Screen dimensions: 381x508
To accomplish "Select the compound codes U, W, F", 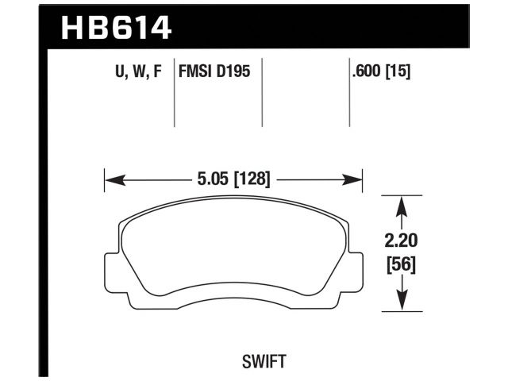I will point(140,72).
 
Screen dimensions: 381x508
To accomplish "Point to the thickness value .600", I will point(370,72).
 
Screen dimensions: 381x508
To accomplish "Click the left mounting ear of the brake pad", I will point(114,270).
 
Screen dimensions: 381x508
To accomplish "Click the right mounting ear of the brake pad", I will point(355,270).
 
